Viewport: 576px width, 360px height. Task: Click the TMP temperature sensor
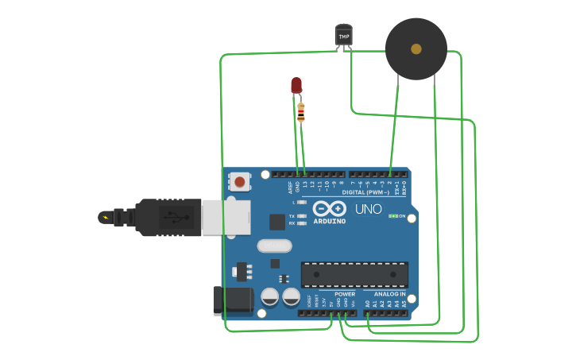coord(344,35)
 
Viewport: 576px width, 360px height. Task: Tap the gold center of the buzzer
coord(416,49)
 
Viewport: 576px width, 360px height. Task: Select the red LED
coord(296,84)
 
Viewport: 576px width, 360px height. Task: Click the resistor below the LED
coord(300,112)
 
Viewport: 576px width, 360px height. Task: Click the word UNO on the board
coord(368,209)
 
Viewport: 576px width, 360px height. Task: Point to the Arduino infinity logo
coord(329,208)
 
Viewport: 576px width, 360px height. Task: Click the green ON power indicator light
coord(392,215)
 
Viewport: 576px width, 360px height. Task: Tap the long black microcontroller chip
coord(354,274)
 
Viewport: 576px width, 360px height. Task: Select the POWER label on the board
coord(345,294)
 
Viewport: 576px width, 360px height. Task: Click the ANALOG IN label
coord(390,294)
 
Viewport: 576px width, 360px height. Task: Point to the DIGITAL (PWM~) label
coord(365,193)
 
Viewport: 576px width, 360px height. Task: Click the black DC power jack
coord(233,300)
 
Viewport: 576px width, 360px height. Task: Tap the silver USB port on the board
coord(226,217)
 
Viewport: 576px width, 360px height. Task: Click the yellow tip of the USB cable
coord(104,217)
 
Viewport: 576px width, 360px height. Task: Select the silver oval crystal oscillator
coord(274,246)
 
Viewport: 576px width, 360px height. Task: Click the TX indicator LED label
coord(292,216)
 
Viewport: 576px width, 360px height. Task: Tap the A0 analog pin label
coord(367,303)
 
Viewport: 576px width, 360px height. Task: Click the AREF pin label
coord(290,187)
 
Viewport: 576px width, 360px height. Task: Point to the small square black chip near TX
coord(276,222)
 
